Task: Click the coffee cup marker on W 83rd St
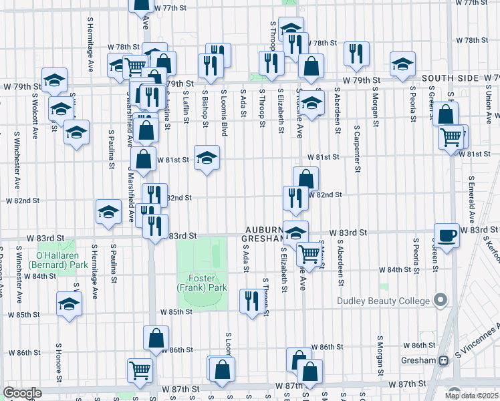(447, 235)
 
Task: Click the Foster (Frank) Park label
(203, 282)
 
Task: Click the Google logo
(22, 393)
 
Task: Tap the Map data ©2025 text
(472, 393)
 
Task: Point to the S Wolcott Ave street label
(33, 110)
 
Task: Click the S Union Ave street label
(488, 100)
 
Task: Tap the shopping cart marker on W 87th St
(140, 369)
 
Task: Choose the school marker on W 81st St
(207, 158)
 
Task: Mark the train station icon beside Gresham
(443, 360)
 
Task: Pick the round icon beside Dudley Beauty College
(440, 301)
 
